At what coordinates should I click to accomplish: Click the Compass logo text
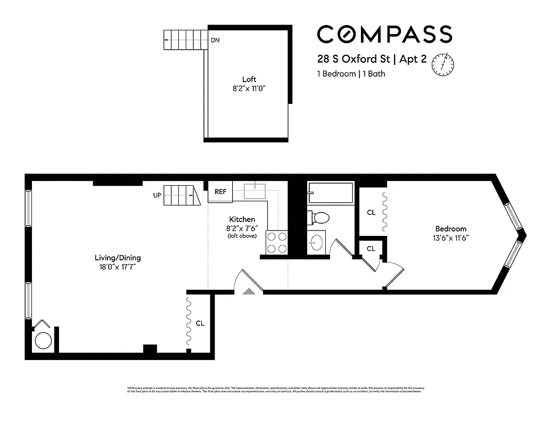[x=384, y=34]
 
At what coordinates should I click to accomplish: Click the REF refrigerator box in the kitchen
[x=220, y=192]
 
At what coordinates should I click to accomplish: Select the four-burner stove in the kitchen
[x=277, y=242]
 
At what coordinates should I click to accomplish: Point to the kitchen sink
[x=257, y=191]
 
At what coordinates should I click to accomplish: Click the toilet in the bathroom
[x=319, y=217]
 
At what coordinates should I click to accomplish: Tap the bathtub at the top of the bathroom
[x=331, y=193]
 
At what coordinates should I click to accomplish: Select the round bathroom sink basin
[x=316, y=242]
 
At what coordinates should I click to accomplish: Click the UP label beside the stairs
[x=157, y=195]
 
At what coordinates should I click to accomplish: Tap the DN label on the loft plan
[x=215, y=40]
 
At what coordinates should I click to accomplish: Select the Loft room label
[x=249, y=79]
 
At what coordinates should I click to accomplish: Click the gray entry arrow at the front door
[x=249, y=291]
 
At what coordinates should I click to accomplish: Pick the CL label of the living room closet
[x=200, y=323]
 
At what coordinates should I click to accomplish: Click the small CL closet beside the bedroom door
[x=371, y=249]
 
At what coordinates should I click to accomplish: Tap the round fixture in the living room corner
[x=43, y=341]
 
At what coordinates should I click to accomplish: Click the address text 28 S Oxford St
[x=352, y=60]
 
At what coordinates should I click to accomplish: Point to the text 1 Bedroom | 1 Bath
[x=351, y=74]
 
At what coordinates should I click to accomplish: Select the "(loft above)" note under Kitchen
[x=242, y=236]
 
